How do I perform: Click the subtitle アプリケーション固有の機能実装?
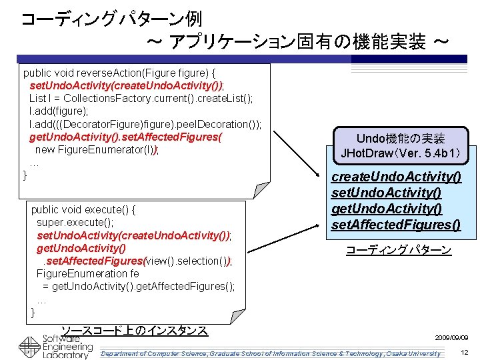(x=297, y=43)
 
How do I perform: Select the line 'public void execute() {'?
(x=84, y=209)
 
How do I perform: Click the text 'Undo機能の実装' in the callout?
(x=401, y=139)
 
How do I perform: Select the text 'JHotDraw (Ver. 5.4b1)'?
(x=401, y=153)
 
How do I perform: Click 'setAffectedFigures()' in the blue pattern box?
(x=396, y=225)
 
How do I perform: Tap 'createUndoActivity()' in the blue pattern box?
(x=396, y=177)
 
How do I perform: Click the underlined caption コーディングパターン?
(x=398, y=251)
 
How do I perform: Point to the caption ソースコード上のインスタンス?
(x=134, y=330)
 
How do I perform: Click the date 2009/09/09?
(x=451, y=338)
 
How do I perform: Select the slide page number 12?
(x=464, y=351)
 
